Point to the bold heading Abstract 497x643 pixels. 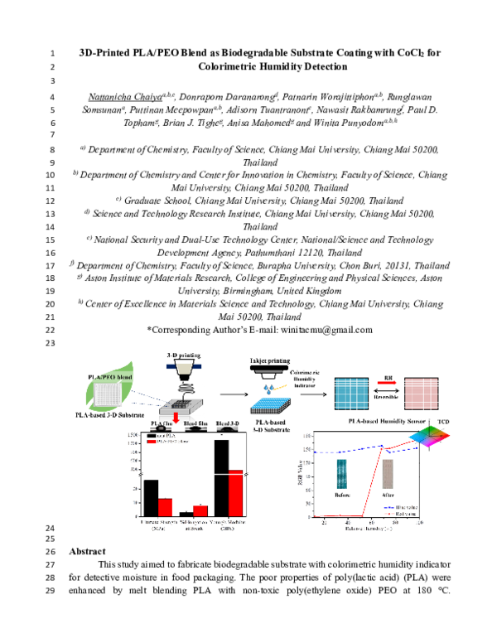(87, 551)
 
